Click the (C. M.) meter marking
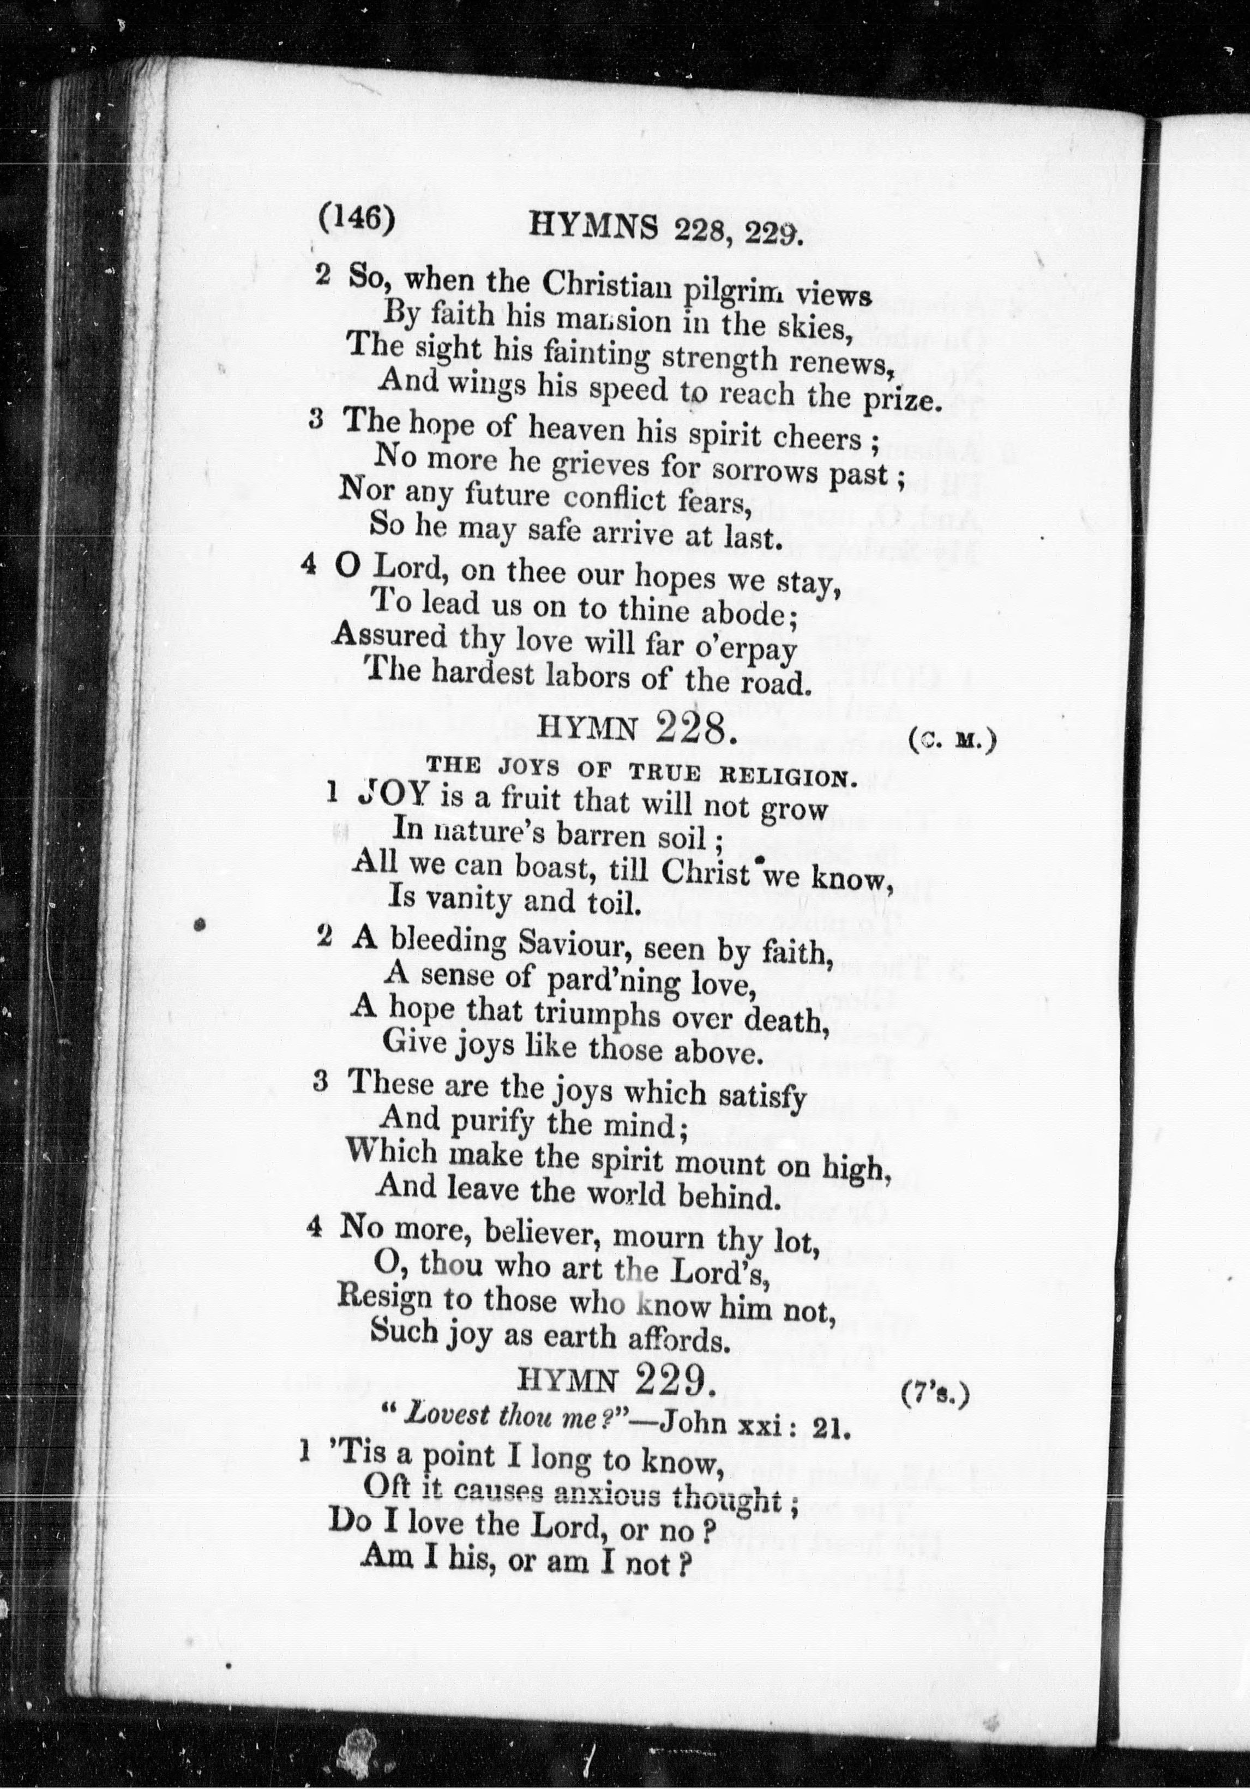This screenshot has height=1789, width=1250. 952,740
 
